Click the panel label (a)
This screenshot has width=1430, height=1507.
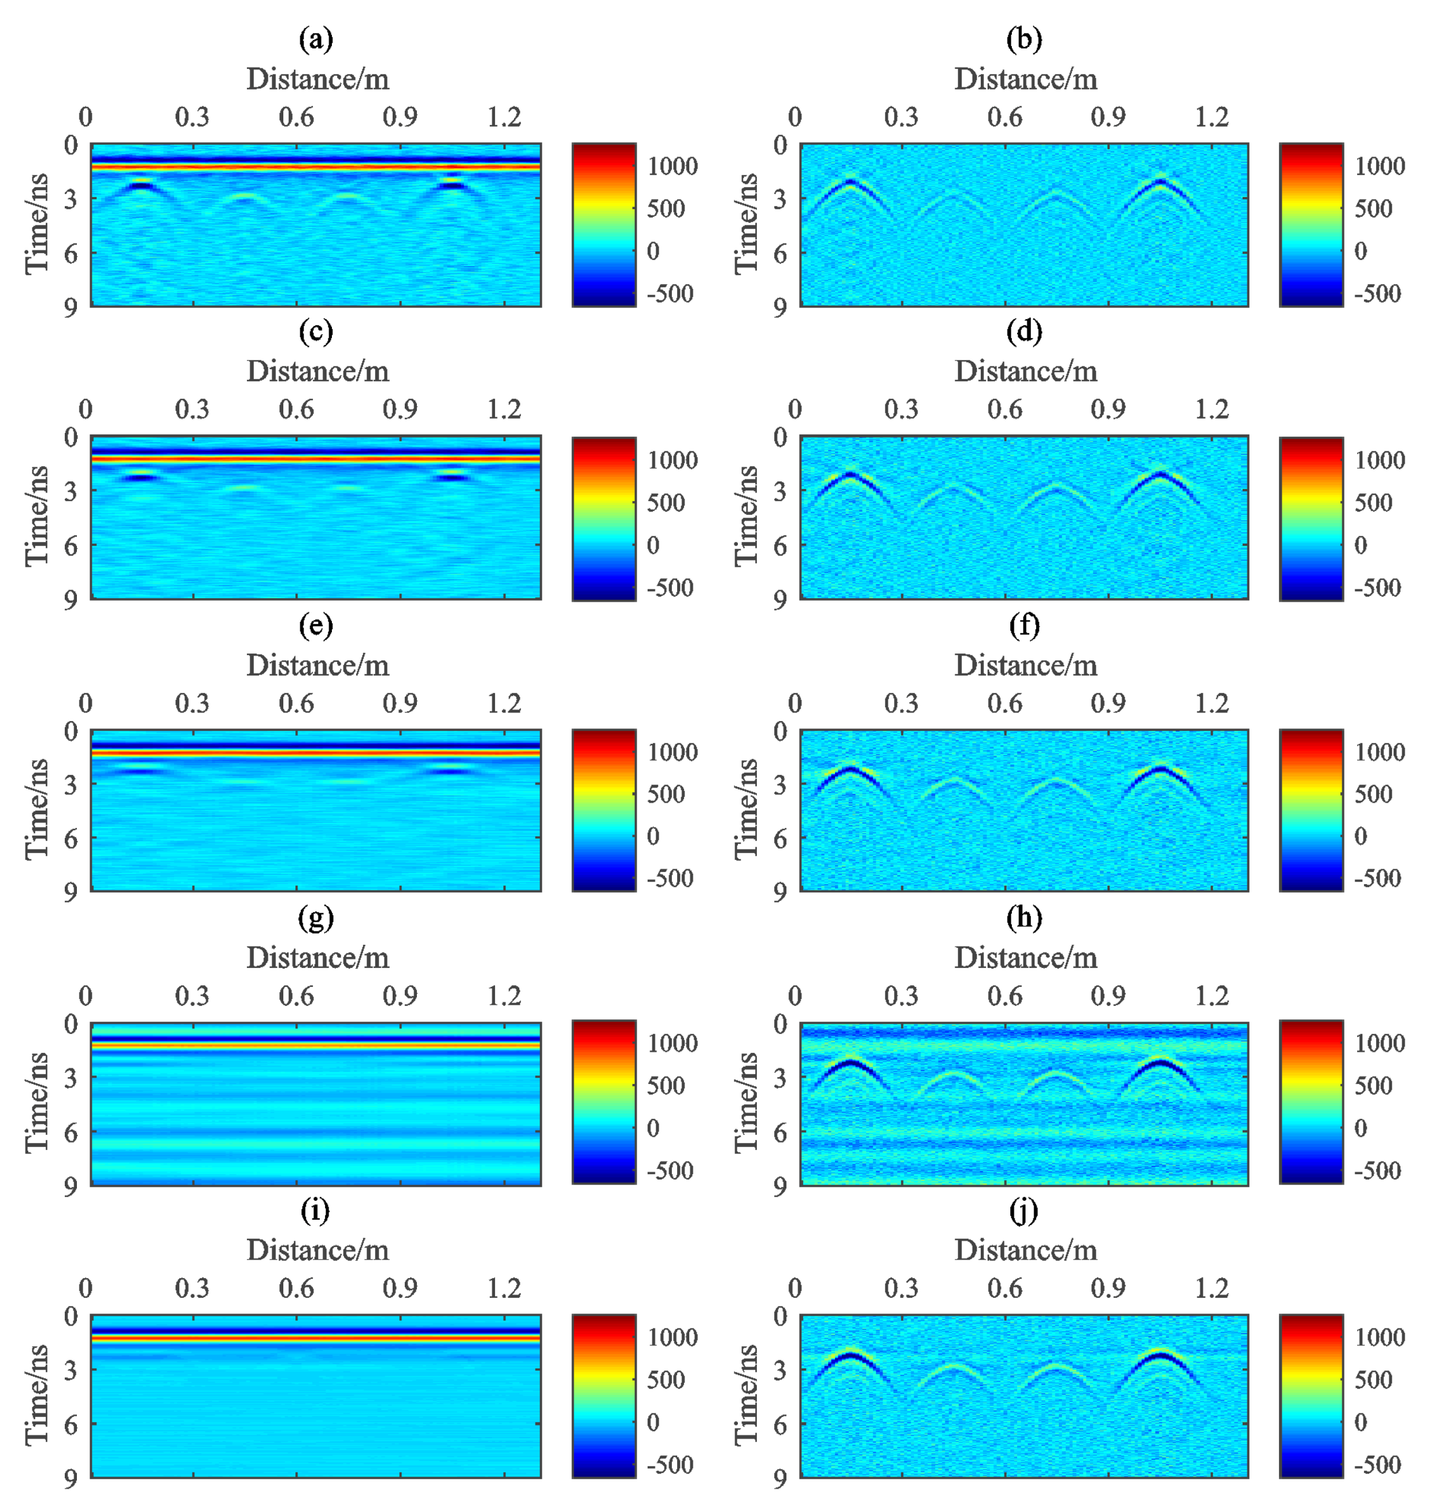316,39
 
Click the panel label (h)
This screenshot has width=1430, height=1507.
1023,918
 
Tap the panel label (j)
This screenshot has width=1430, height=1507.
1023,1211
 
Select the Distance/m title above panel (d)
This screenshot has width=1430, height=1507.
1025,372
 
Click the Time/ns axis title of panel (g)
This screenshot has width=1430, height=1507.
36,1103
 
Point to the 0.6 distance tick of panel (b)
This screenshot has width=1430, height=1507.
1004,117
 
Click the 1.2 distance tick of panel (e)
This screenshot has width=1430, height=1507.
504,703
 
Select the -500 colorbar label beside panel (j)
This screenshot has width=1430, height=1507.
1377,1464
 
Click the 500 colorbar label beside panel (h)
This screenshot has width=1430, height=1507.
1373,1086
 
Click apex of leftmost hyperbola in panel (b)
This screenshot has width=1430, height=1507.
851,181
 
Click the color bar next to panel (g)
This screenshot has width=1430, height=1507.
604,1103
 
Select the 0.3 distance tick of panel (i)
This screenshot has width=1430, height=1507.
191,1289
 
